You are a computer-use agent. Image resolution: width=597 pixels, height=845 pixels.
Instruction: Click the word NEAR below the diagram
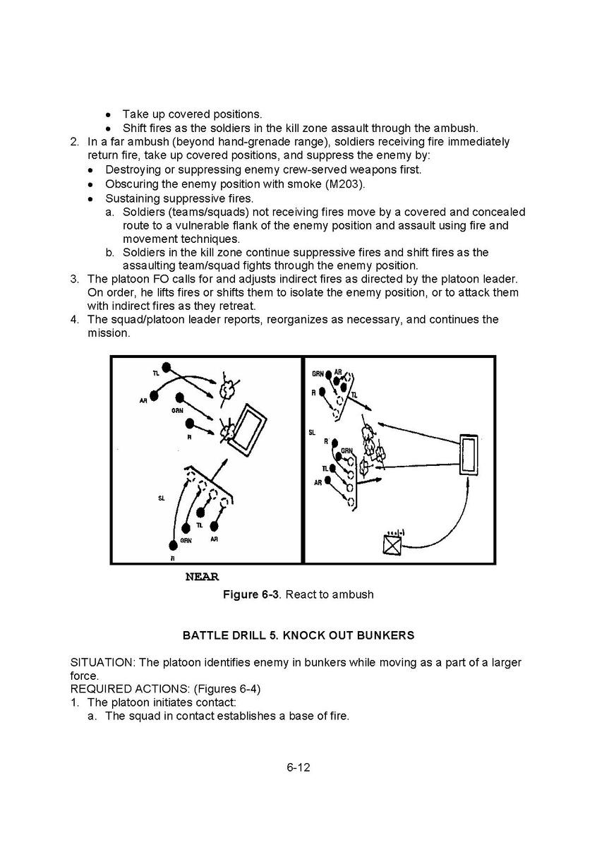pos(202,577)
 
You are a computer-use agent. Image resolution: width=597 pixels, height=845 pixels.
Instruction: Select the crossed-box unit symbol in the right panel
pos(392,544)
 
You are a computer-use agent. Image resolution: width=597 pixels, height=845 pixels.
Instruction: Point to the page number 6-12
pos(298,767)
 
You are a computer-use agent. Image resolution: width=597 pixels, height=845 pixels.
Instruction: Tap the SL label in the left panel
pos(161,498)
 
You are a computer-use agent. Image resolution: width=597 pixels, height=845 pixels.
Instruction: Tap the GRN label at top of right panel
pos(318,373)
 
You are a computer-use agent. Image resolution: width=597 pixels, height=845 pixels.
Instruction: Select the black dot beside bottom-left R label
pos(173,545)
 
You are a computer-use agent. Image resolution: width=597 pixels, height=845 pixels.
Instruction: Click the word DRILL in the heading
pos(247,635)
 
